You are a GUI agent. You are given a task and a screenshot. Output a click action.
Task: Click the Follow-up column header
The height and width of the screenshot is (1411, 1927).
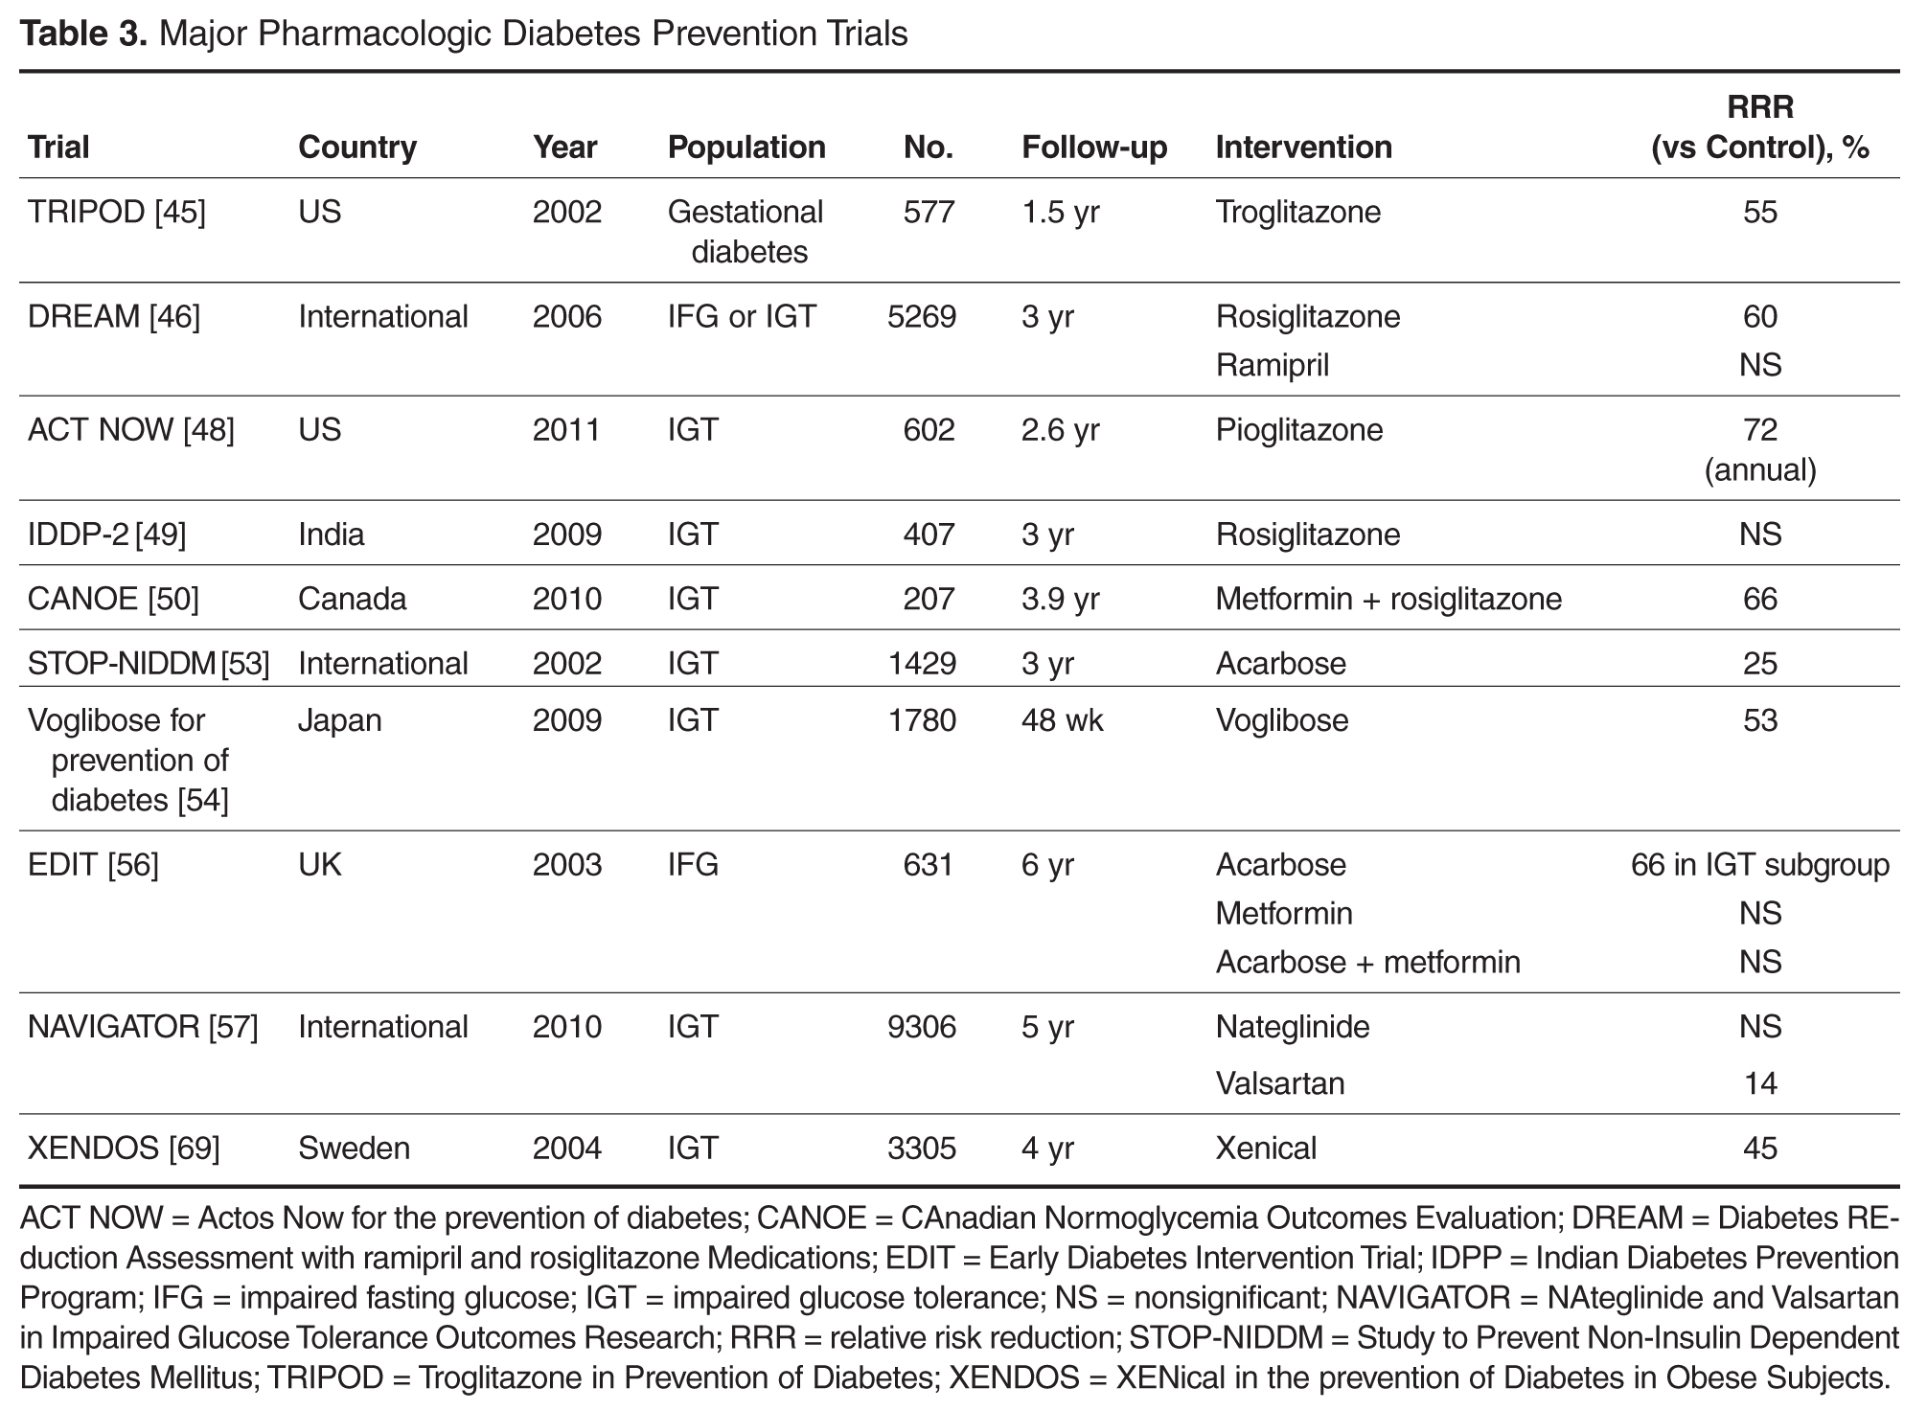click(1094, 148)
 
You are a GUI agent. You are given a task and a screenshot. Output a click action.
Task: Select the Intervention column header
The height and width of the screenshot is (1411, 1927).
click(1303, 148)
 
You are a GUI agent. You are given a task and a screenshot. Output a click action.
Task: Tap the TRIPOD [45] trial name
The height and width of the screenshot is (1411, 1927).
click(117, 212)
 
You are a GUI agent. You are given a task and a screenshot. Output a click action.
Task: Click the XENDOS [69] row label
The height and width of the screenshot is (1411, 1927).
click(124, 1148)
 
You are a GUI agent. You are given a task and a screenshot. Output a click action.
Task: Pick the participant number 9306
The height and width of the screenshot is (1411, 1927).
click(922, 1027)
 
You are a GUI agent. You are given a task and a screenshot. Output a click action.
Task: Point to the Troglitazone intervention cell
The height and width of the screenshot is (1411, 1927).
click(1298, 212)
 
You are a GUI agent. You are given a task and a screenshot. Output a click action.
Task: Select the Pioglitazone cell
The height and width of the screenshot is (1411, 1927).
click(1299, 430)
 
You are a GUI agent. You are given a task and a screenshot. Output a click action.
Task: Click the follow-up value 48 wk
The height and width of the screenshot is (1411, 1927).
click(1063, 720)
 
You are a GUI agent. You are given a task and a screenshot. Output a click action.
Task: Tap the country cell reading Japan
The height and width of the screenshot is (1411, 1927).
click(340, 720)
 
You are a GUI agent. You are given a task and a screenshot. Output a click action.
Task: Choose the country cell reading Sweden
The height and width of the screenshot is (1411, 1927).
click(354, 1148)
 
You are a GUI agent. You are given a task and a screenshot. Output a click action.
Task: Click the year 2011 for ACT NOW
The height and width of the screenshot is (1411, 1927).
click(567, 430)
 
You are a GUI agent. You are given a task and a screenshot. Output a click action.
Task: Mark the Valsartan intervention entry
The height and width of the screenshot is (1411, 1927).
click(1280, 1083)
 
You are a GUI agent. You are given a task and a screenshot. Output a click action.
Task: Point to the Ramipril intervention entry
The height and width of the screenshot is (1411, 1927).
click(1273, 365)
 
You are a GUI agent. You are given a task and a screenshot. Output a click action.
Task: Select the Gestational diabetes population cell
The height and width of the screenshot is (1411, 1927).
click(746, 232)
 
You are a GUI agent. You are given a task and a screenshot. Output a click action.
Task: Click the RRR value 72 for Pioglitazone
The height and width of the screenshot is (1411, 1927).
click(1760, 430)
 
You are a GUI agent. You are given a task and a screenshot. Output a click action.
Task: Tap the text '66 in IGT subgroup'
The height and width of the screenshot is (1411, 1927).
click(1760, 865)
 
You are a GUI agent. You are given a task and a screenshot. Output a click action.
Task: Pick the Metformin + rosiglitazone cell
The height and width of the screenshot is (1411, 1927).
click(1388, 599)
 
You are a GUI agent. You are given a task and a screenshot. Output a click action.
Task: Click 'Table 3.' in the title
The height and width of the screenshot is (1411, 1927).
click(84, 34)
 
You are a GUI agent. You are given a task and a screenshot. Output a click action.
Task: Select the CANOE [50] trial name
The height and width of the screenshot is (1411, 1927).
click(113, 599)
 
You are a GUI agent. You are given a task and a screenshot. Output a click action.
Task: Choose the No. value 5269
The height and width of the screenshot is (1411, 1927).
click(922, 317)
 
